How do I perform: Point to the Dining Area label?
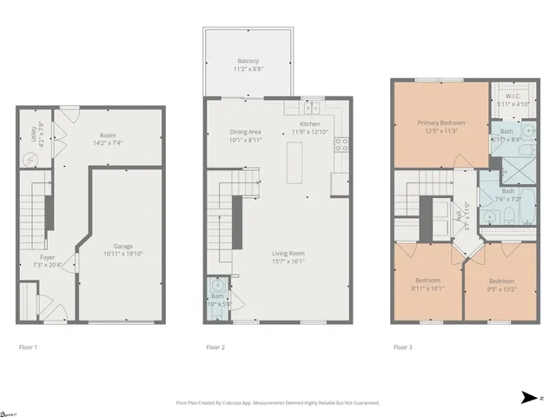pyautogui.click(x=245, y=131)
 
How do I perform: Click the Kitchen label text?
pyautogui.click(x=309, y=124)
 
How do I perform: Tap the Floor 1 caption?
pyautogui.click(x=30, y=347)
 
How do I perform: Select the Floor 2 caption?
pyautogui.click(x=215, y=347)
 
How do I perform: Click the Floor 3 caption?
pyautogui.click(x=402, y=347)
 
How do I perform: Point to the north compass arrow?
pyautogui.click(x=529, y=398)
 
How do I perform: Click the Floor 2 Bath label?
pyautogui.click(x=216, y=296)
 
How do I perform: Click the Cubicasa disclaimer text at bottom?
pyautogui.click(x=278, y=402)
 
